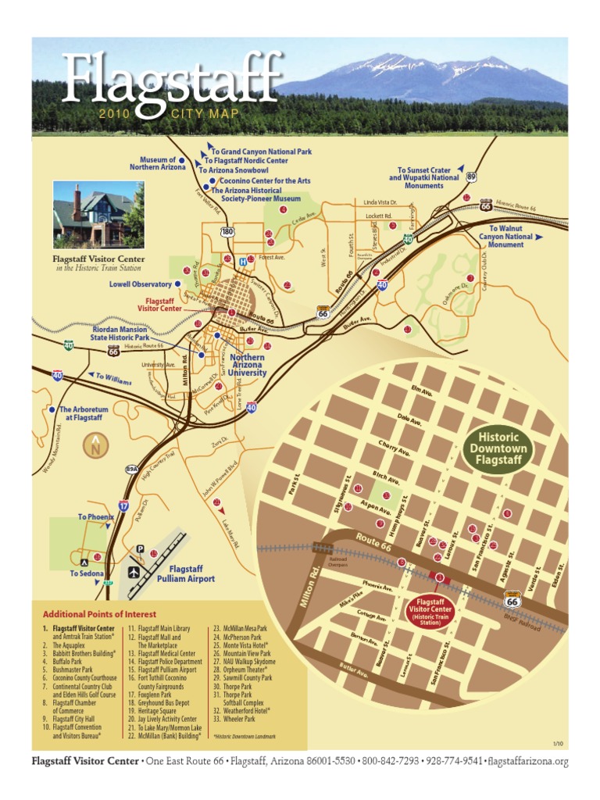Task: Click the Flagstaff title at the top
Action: pos(172,78)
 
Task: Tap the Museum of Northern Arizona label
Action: pos(158,163)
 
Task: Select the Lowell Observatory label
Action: pos(140,284)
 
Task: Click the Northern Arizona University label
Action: pos(247,365)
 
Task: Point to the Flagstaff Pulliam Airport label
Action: pos(186,574)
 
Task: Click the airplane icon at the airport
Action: pos(134,573)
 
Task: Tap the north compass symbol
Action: pos(95,446)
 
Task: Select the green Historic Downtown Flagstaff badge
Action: pos(498,449)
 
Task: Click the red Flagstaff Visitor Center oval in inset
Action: pos(431,612)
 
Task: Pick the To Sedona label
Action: pos(85,573)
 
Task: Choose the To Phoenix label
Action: pos(95,517)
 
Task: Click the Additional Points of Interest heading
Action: pos(99,614)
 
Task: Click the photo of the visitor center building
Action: pos(98,214)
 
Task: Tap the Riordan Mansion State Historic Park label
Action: pos(120,334)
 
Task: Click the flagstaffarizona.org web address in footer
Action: pos(529,761)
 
